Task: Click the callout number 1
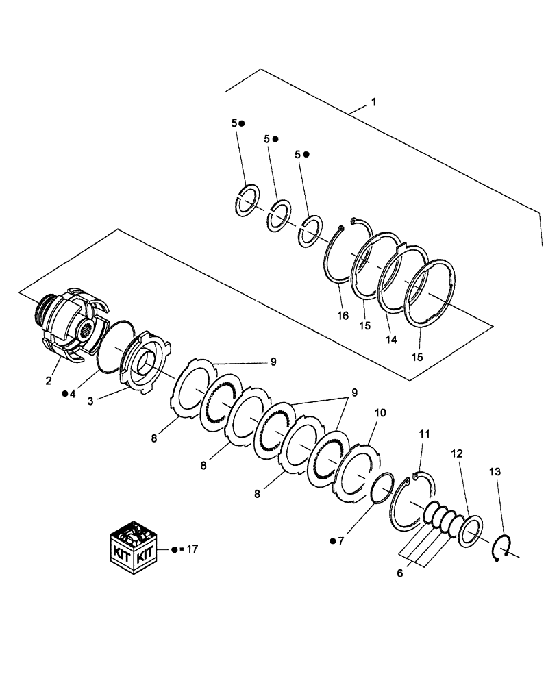click(373, 102)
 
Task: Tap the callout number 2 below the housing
click(49, 381)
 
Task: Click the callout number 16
click(343, 316)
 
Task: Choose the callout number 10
click(380, 413)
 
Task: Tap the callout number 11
click(425, 434)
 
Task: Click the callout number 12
click(456, 453)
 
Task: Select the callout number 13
click(495, 471)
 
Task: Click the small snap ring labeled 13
click(502, 549)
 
